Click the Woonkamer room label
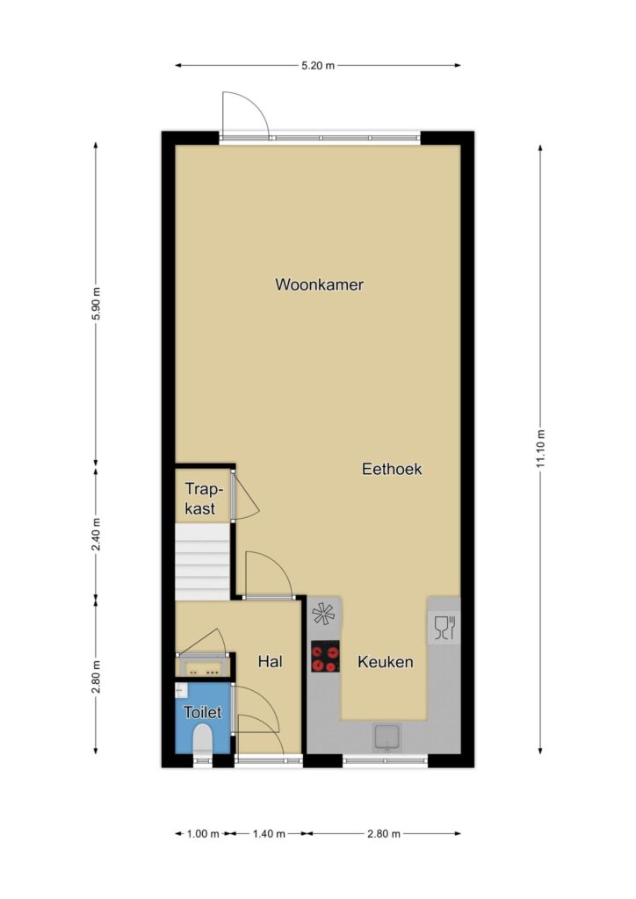pos(319,284)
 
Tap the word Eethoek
pos(392,469)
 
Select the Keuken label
pos(386,662)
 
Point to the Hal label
pos(270,662)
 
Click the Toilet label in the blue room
pos(202,712)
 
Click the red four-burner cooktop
pos(325,656)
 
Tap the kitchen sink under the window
pos(387,737)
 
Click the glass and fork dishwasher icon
pos(444,627)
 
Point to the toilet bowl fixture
pos(202,739)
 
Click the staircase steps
pos(202,561)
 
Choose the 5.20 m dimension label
pos(318,65)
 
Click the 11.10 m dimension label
pos(540,449)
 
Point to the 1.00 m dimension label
pos(203,834)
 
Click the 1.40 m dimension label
pos(269,834)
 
